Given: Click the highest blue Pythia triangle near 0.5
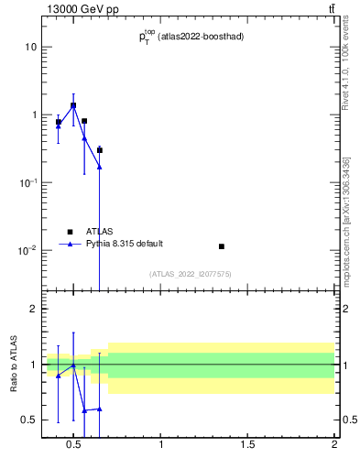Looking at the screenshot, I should click(73, 106).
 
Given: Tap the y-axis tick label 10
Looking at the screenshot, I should click(30, 47).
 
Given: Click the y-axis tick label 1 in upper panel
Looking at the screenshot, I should click(32, 115).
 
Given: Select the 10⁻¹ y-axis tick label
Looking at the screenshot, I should click(27, 182).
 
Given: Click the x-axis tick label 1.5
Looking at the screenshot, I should click(247, 446).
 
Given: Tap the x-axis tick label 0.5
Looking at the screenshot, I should click(73, 446).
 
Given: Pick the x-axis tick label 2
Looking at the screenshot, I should click(334, 446).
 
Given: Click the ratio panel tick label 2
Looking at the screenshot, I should click(32, 309).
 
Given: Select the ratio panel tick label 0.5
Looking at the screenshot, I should click(28, 420).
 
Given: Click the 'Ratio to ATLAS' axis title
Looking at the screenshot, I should click(13, 364).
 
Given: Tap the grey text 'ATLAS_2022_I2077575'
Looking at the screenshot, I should click(189, 274).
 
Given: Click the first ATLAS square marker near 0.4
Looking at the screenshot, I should click(59, 122).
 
